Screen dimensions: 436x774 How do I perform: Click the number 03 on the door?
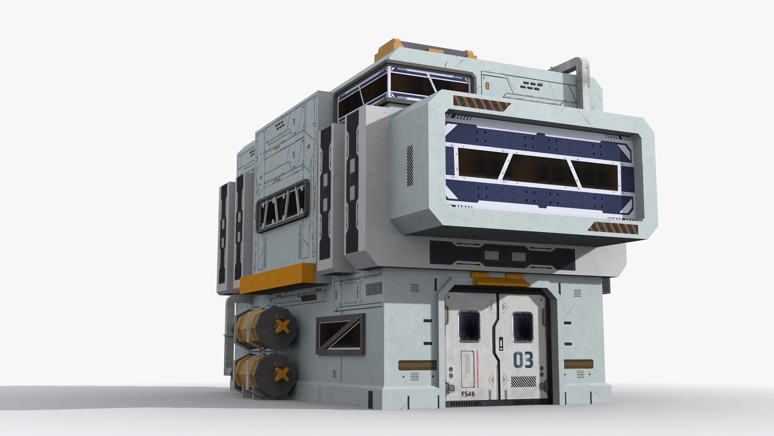point(523,360)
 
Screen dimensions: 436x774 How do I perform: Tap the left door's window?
point(469,327)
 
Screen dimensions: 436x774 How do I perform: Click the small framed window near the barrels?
point(340,334)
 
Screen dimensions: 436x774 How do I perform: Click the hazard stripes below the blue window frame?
point(613,229)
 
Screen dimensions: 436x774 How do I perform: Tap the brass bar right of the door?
point(578,364)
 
